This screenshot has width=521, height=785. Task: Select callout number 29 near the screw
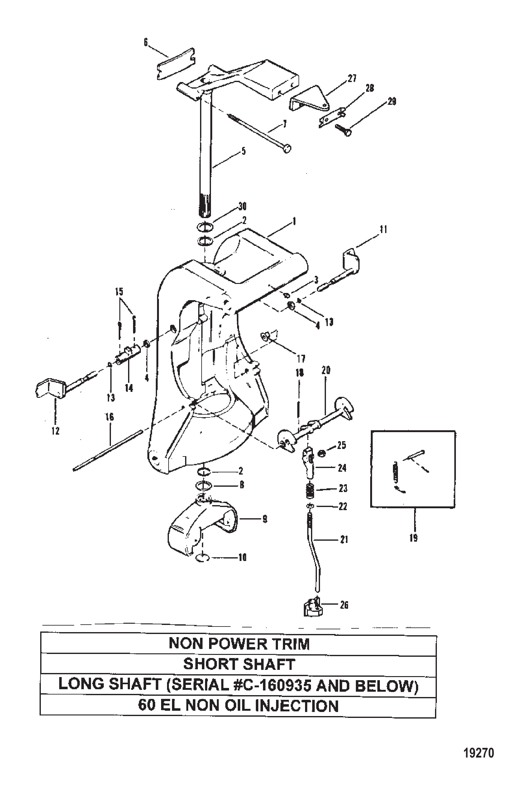(x=392, y=101)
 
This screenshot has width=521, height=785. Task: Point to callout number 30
(x=242, y=206)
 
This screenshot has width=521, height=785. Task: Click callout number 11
(x=384, y=230)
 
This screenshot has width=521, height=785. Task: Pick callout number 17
(x=301, y=359)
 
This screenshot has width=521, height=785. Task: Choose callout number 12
(x=55, y=431)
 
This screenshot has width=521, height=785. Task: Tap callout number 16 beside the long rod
(x=110, y=417)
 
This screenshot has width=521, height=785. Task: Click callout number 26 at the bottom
(x=344, y=605)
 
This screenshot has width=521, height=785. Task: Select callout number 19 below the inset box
(x=413, y=538)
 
